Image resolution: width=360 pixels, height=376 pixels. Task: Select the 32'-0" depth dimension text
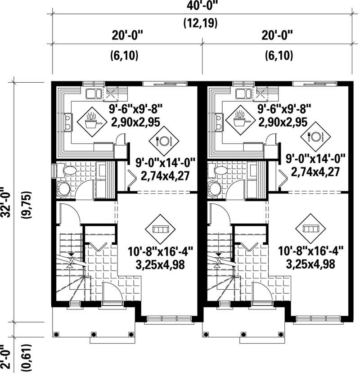tap(6, 201)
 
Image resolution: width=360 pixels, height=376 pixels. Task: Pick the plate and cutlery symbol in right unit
tap(315, 136)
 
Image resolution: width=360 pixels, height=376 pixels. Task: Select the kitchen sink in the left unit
tap(94, 94)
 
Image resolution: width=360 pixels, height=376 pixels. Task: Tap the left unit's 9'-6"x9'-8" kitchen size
tap(135, 109)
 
